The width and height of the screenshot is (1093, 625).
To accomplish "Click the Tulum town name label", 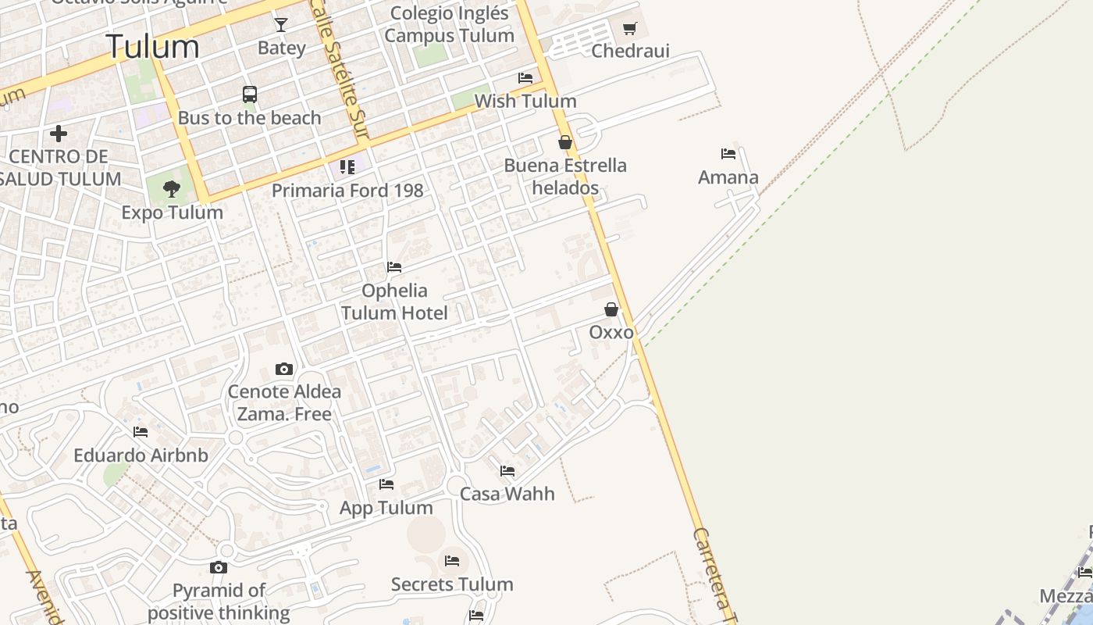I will [x=152, y=47].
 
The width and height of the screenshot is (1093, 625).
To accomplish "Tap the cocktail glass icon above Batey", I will [x=281, y=25].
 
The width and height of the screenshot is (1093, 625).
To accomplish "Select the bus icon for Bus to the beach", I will [x=250, y=95].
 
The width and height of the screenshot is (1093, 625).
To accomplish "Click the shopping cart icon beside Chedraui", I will [x=630, y=29].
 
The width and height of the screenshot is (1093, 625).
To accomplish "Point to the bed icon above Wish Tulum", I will [x=525, y=78].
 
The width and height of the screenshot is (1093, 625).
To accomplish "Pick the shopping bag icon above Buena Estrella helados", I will [x=565, y=142].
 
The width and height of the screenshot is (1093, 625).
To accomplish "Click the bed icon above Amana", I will [x=728, y=154].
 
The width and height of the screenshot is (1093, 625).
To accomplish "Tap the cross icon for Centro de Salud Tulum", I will [x=58, y=134].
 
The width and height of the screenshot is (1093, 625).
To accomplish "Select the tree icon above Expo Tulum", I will [x=172, y=189].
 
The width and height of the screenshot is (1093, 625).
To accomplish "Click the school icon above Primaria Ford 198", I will [x=347, y=167].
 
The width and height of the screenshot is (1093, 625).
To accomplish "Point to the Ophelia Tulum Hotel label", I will [x=394, y=302].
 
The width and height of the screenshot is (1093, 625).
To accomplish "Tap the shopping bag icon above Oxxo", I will [x=611, y=309].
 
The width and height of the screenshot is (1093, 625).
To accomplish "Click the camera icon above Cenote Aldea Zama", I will [x=284, y=369].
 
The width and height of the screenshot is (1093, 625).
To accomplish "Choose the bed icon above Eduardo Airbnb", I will [x=141, y=431].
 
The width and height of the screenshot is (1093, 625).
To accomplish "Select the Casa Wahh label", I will [x=507, y=494].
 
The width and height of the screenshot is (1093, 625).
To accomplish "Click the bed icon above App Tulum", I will [x=386, y=484].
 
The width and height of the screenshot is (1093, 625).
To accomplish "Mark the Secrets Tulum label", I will [x=452, y=584].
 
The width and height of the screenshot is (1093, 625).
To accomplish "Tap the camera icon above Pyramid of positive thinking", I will [x=219, y=567].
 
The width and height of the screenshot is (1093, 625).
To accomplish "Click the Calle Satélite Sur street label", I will [x=340, y=70].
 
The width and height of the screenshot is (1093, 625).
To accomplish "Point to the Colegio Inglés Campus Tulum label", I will [x=450, y=24].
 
